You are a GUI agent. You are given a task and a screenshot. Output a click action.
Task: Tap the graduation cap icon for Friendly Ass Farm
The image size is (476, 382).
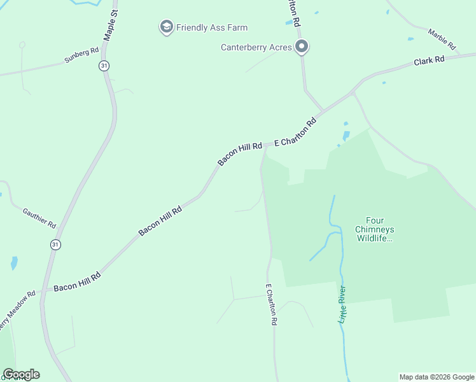[x=166, y=27]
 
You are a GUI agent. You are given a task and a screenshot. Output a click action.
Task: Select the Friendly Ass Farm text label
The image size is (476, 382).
[x=212, y=27]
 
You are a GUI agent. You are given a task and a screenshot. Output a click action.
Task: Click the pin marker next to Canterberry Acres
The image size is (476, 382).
[x=302, y=47]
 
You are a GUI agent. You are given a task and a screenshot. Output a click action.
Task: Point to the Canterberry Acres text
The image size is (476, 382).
[x=256, y=47]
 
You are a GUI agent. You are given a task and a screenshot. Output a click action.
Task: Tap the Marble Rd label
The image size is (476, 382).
[x=442, y=39]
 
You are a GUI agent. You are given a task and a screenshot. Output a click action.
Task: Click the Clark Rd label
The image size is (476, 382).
[x=429, y=61]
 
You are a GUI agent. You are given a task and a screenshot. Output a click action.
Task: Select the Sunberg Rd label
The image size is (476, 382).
[x=81, y=55]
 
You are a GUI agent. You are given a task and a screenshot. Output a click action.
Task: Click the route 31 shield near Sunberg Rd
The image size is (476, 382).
[x=104, y=66]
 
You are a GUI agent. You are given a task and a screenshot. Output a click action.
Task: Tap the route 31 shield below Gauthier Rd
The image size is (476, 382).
[x=56, y=244]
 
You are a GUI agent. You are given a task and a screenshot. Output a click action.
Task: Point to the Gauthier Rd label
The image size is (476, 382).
[x=39, y=218]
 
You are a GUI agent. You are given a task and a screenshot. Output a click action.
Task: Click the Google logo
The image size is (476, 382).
[x=21, y=374]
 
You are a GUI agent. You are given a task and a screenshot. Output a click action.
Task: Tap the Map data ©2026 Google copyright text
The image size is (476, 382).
[x=436, y=377]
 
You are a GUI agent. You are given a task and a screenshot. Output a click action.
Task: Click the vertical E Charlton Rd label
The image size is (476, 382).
[x=272, y=305]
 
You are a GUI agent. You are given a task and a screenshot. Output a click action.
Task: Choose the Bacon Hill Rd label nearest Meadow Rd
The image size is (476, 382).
[x=77, y=282]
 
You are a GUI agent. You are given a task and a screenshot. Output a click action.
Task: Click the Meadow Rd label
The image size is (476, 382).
[x=17, y=309]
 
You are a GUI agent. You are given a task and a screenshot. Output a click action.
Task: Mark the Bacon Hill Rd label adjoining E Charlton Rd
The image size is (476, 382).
[x=240, y=153]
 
